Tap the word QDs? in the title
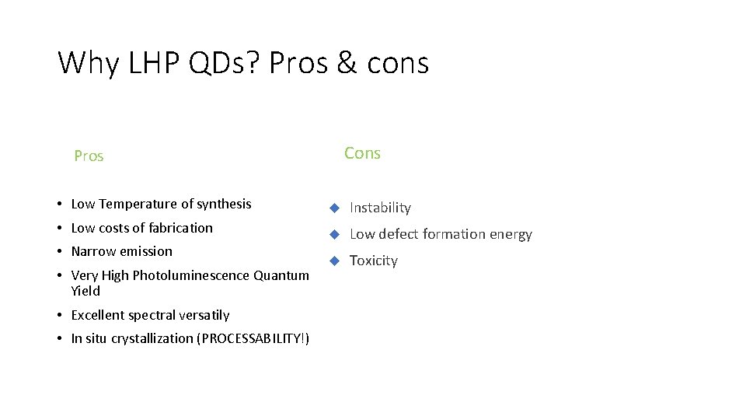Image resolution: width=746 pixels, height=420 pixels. (x=225, y=63)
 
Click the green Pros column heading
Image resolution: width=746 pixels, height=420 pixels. (x=89, y=156)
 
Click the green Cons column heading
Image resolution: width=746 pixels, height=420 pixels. (x=362, y=153)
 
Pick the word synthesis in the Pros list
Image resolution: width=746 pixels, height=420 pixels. (x=224, y=205)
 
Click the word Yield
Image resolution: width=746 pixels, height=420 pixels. (x=85, y=291)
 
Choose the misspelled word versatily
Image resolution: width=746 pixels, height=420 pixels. (x=203, y=315)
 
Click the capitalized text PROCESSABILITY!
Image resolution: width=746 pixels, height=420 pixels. (x=254, y=338)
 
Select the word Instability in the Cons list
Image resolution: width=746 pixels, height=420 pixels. (x=380, y=208)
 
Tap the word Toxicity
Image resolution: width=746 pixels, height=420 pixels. (x=373, y=261)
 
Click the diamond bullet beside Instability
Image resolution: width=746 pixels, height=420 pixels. (x=333, y=208)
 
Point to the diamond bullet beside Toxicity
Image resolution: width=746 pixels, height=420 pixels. (x=333, y=261)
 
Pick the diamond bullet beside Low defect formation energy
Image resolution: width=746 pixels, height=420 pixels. (x=333, y=234)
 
